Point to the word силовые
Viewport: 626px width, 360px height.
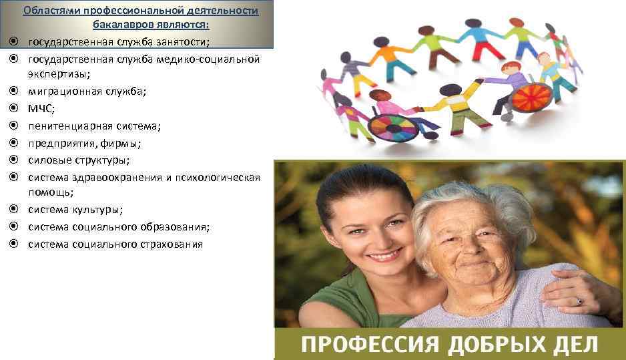[48, 160]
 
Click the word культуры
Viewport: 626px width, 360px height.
[98, 210]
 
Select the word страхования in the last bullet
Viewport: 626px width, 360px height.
[170, 244]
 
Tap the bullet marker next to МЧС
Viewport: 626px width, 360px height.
[13, 108]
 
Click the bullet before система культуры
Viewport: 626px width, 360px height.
[13, 210]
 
